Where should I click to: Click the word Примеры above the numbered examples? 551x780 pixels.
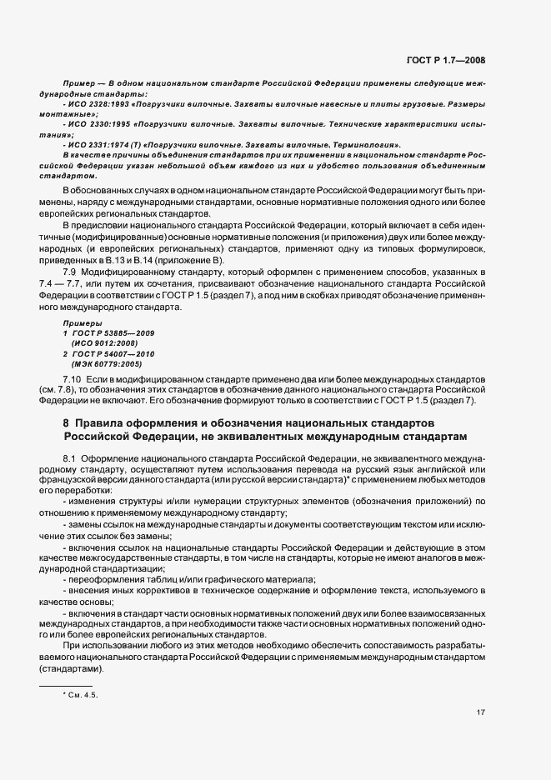point(82,322)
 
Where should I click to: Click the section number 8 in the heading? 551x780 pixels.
point(55,422)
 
